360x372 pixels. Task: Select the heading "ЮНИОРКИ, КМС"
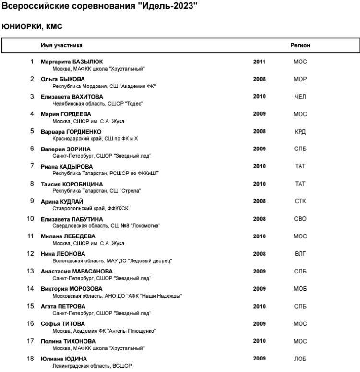click(x=33, y=27)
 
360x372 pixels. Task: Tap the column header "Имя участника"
click(x=61, y=45)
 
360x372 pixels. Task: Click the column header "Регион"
click(x=300, y=45)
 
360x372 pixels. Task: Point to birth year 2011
click(x=259, y=62)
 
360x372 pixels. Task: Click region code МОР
click(x=300, y=79)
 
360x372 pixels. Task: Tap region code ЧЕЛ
click(x=300, y=97)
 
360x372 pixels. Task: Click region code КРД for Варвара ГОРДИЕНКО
click(x=300, y=132)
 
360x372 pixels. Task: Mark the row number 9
click(x=32, y=201)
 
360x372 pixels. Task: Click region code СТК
click(x=300, y=201)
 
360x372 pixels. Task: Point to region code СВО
click(x=300, y=219)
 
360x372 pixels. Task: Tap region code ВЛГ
click(x=300, y=254)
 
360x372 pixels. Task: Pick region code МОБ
click(x=300, y=289)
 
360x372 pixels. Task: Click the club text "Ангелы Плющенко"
click(x=128, y=331)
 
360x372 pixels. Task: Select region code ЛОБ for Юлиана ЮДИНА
click(x=300, y=359)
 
